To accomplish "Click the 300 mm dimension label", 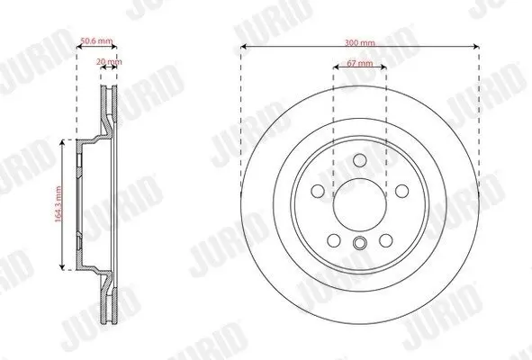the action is click(x=360, y=43).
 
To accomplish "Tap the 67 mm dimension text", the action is click(x=360, y=63).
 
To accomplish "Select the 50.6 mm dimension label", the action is click(x=96, y=41).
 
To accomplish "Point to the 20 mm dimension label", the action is click(x=109, y=62).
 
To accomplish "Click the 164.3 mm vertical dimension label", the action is click(x=58, y=204).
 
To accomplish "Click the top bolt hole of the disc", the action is click(x=360, y=160).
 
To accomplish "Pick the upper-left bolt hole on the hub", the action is click(x=318, y=191).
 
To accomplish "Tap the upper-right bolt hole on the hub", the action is click(x=401, y=191).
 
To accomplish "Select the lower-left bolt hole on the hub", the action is click(x=334, y=240).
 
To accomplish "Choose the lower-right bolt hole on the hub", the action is click(x=386, y=240).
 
